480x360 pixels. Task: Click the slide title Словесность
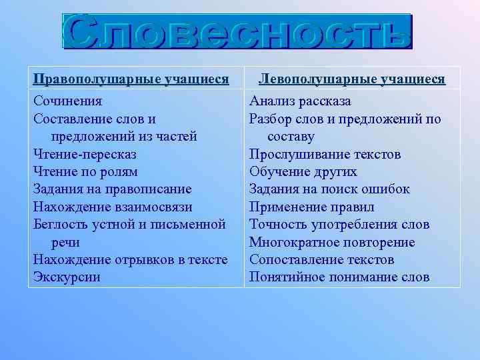pos(238,31)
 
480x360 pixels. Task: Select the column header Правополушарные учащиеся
pos(131,79)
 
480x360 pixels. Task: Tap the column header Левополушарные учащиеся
pos(352,79)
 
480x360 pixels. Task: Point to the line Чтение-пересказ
pos(85,154)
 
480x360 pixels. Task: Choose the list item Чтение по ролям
pos(85,171)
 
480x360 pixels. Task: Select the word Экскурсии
pos(67,277)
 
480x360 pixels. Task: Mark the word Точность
pos(277,225)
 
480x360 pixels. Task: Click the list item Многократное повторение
pos(332,242)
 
